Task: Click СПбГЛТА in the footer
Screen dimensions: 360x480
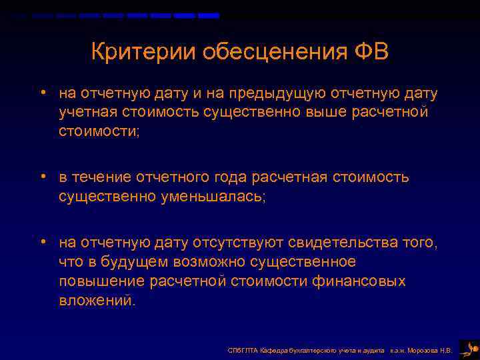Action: pos(239,349)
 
